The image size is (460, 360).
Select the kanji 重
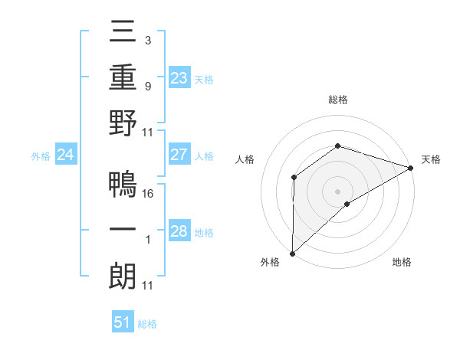123,77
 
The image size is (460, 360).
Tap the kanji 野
123,123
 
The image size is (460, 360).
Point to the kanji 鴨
123,184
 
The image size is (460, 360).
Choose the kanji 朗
123,276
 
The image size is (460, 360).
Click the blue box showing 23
179,77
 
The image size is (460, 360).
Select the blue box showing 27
179,155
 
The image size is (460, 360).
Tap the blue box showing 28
179,232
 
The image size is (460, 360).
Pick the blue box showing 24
65,155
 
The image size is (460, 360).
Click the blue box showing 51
122,322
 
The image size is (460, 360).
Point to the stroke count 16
149,193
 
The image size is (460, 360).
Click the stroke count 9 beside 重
147,86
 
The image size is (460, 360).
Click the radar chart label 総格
337,100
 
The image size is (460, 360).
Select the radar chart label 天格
431,159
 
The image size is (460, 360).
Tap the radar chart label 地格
402,262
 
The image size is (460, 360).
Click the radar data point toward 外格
292,253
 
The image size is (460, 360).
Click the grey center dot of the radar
337,191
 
